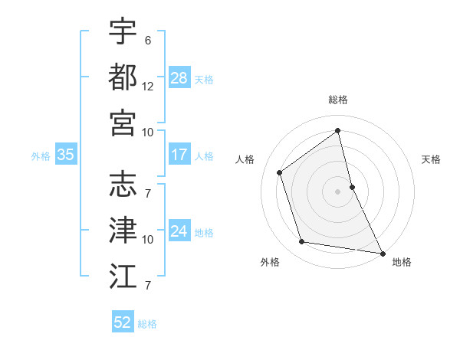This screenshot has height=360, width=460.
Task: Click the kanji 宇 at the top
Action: pos(123,31)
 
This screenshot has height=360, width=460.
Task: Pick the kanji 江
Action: pos(123,274)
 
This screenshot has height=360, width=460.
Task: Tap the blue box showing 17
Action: pos(179,155)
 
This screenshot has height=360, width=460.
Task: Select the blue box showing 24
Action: pos(179,232)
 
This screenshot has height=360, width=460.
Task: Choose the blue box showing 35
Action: pos(65,155)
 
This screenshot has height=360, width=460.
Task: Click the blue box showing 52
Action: pos(123,322)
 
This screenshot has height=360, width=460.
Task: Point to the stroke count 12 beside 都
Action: pos(148,87)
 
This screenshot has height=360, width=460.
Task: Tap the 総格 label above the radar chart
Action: pos(338,100)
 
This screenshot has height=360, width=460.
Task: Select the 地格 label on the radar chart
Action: pos(402,262)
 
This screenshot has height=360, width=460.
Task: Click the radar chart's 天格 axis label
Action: pos(432,159)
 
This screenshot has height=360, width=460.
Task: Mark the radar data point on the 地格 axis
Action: pos(382,253)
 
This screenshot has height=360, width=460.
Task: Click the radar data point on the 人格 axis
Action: pos(280,172)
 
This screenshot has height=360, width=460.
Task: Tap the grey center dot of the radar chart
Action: pos(338,191)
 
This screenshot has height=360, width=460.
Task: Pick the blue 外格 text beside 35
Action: pos(41,156)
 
